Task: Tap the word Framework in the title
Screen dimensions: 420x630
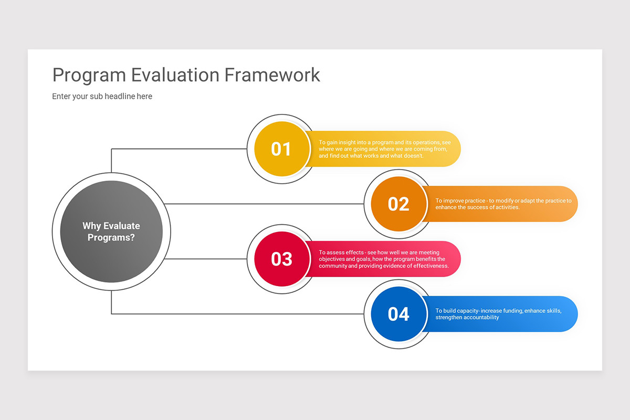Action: click(x=272, y=75)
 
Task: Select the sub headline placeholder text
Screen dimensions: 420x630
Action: click(x=102, y=97)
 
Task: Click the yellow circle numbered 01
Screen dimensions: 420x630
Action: click(x=281, y=149)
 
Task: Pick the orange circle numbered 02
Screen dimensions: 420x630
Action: click(x=398, y=204)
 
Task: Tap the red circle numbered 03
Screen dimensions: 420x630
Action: click(x=281, y=259)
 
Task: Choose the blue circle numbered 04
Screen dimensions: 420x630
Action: click(x=398, y=314)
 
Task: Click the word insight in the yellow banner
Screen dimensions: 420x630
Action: click(x=348, y=142)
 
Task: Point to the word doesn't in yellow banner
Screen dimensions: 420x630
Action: click(x=413, y=156)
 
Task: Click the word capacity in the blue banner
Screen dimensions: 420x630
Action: click(x=467, y=311)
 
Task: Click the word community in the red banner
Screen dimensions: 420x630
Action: click(x=331, y=266)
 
